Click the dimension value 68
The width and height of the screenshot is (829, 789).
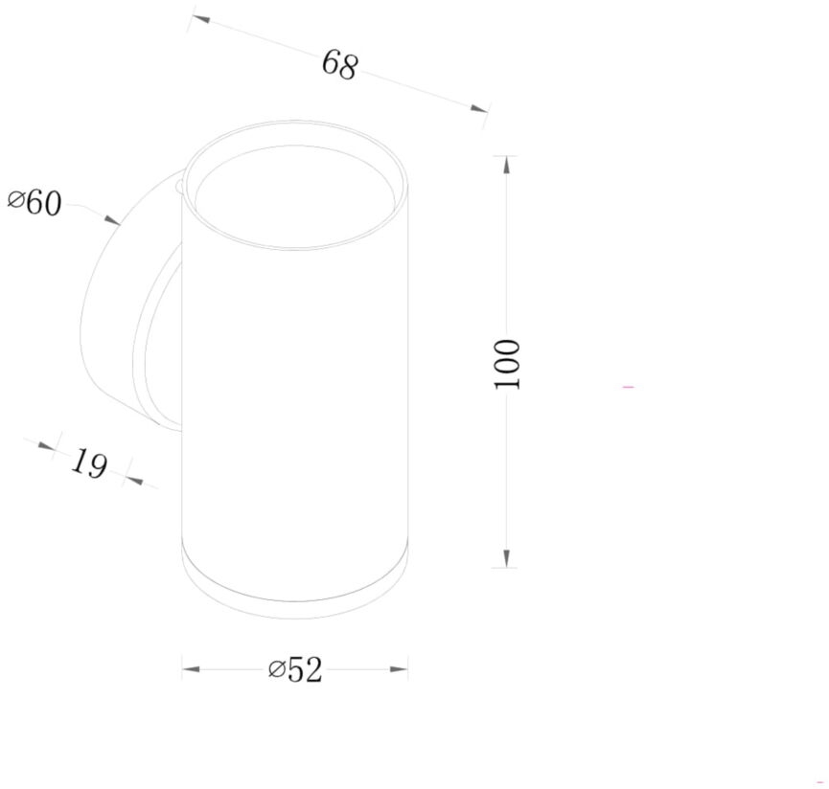(x=340, y=65)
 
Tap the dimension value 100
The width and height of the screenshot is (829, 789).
(x=507, y=365)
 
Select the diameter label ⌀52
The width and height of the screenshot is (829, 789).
(x=295, y=669)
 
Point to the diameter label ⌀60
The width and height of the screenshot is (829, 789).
(x=35, y=202)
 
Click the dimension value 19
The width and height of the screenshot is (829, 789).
(x=89, y=463)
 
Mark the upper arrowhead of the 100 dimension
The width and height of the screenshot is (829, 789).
(x=506, y=166)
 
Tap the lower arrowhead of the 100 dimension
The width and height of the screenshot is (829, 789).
(x=506, y=557)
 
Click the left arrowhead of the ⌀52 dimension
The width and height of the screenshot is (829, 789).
(x=191, y=669)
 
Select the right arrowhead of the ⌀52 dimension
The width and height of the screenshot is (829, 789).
(x=399, y=669)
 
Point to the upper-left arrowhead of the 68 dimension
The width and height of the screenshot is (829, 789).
(x=201, y=19)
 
